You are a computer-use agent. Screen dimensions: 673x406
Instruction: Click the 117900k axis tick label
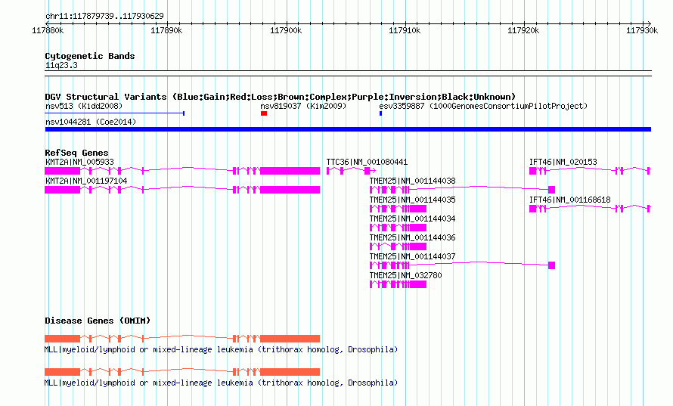[x=286, y=30]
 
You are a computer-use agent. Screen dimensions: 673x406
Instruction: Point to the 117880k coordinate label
[x=48, y=30]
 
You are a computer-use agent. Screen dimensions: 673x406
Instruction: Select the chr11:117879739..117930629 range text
[x=104, y=17]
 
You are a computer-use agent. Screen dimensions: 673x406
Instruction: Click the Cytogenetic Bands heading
[x=90, y=56]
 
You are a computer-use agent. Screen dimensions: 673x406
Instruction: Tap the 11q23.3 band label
[x=61, y=65]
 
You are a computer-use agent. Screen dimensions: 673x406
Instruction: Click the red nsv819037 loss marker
[x=264, y=113]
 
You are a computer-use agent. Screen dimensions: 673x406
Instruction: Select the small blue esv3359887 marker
[x=380, y=113]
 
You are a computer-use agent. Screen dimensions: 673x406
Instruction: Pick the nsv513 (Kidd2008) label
[x=84, y=106]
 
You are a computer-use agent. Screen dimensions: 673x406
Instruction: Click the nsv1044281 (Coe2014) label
[x=91, y=122]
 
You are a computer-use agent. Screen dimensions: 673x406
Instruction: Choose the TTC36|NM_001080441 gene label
[x=367, y=162]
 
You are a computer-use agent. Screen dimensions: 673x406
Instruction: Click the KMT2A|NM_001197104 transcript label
[x=86, y=181]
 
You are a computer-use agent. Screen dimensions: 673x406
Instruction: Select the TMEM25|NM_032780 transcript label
[x=405, y=275]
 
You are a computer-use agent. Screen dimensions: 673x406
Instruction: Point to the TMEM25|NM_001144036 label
[x=412, y=237]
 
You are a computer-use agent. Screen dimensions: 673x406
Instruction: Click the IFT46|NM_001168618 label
[x=570, y=200]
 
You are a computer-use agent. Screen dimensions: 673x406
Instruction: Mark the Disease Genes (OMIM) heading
[x=98, y=321]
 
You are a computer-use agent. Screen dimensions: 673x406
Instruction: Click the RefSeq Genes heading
[x=76, y=153]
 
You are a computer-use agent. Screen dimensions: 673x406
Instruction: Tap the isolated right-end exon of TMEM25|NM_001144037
[x=551, y=265]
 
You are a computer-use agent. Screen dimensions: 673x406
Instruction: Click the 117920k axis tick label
[x=523, y=30]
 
